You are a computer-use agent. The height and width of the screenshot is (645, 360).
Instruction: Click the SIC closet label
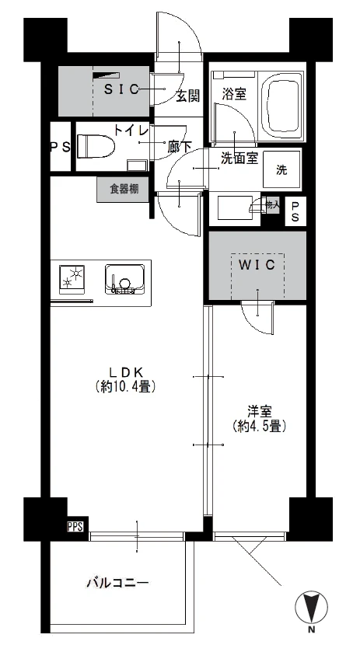(x=121, y=89)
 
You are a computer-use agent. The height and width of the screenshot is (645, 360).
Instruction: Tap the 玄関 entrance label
(x=187, y=96)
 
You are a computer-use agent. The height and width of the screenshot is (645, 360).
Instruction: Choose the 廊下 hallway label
(x=180, y=145)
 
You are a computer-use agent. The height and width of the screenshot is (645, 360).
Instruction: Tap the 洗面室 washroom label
(x=239, y=158)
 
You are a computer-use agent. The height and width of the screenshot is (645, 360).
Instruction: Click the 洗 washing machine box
(x=281, y=170)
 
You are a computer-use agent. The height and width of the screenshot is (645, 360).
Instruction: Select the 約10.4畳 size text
(x=125, y=385)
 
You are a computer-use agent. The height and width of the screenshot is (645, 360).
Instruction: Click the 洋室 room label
(x=260, y=411)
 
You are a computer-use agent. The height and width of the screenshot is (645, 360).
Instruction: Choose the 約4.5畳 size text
(x=260, y=426)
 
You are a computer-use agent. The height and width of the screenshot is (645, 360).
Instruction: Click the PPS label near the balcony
(x=75, y=527)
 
